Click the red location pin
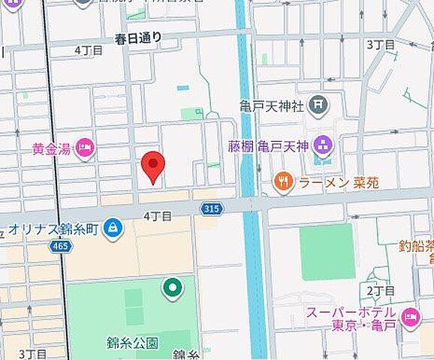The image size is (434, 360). coord(153,166)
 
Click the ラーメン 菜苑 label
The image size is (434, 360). coord(328,181)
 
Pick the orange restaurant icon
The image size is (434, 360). coord(282,181)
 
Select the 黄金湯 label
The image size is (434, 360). coord(51,148)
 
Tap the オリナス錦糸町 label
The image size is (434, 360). coord(54,227)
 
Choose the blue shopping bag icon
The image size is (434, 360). coord(113,227)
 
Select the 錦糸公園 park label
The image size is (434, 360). coord(132,343)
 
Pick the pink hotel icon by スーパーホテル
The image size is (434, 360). coord(410,318)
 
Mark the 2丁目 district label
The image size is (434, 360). coord(381,289)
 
